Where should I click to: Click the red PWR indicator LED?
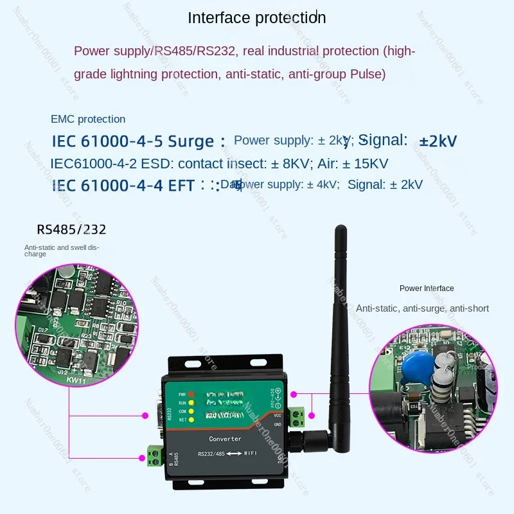click(190, 393)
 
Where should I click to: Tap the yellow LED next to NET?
click(190, 419)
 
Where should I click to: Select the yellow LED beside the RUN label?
click(190, 402)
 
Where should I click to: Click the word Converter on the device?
click(225, 439)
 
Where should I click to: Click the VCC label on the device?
click(277, 414)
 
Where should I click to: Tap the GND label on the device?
click(277, 425)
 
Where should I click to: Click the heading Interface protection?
click(256, 17)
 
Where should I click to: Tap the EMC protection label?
click(88, 119)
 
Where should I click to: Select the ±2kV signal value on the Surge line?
click(438, 141)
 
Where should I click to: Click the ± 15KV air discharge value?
click(361, 163)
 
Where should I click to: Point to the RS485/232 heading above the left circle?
click(71, 229)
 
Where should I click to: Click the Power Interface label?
click(427, 288)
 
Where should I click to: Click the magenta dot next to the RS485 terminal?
click(141, 457)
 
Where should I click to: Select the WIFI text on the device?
click(251, 455)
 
